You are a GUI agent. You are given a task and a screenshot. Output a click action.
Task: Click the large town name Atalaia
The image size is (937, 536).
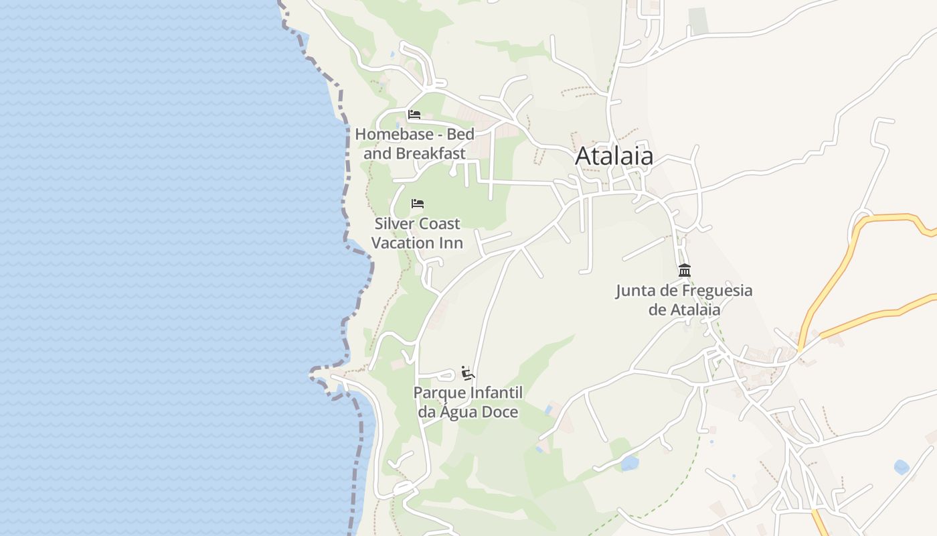click(x=614, y=156)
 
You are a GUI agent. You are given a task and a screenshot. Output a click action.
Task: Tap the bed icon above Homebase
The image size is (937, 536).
click(x=414, y=115)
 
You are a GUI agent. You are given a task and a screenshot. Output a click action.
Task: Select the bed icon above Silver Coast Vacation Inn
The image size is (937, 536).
click(x=418, y=204)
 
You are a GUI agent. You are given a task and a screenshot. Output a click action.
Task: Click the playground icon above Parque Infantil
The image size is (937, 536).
click(x=468, y=373)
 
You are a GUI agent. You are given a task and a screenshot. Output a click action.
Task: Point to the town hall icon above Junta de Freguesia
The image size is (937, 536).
click(x=684, y=271)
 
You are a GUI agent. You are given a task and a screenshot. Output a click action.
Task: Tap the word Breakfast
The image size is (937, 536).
click(x=430, y=153)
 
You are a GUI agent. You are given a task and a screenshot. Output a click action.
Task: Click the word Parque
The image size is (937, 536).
click(x=439, y=393)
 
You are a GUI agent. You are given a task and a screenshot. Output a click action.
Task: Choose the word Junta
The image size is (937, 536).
click(x=634, y=291)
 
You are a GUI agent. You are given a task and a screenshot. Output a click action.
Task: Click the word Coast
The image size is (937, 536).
click(x=439, y=223)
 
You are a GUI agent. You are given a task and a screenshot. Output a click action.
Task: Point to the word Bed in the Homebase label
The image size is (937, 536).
click(x=460, y=134)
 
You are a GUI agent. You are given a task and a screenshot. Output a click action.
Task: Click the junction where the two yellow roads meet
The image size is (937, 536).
click(x=800, y=348)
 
